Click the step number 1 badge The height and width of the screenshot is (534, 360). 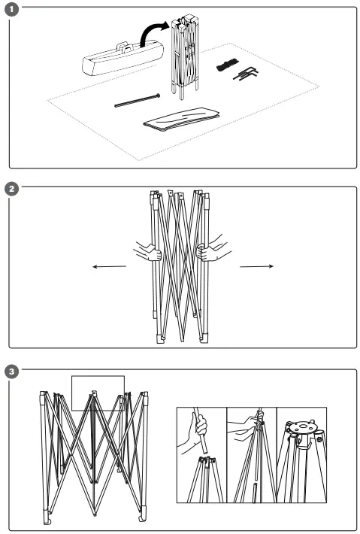point(12,9)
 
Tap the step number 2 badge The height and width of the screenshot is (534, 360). point(12,189)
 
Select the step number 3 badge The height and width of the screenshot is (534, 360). point(12,372)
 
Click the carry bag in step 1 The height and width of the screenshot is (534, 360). point(123,59)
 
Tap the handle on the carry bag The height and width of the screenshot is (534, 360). point(125,47)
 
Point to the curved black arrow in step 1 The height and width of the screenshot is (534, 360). point(151,32)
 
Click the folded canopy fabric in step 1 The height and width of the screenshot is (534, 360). point(182,119)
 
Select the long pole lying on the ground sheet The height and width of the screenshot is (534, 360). point(137,101)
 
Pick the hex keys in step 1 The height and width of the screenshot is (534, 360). point(246,74)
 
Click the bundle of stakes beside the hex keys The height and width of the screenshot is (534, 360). point(227,65)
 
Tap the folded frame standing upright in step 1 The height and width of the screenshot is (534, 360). point(185,56)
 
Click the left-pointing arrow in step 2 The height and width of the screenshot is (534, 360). point(109,267)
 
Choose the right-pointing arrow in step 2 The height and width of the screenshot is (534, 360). point(256,266)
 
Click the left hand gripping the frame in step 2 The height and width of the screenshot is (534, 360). point(148,252)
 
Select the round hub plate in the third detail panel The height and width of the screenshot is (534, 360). point(302,427)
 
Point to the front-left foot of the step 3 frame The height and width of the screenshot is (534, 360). point(47,520)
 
